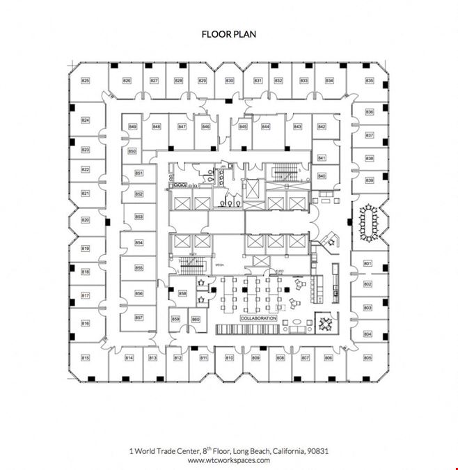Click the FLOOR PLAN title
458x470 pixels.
tap(228, 33)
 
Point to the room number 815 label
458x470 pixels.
tap(86, 358)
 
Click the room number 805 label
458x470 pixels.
tap(368, 358)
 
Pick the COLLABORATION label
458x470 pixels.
tap(258, 318)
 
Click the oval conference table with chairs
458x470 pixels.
tap(368, 222)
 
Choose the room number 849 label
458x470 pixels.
tap(133, 127)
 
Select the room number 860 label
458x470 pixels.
tap(196, 320)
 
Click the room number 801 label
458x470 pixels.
tap(368, 264)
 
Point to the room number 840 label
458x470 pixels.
tap(322, 176)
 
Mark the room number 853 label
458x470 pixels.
tap(139, 217)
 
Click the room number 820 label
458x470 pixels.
tap(86, 220)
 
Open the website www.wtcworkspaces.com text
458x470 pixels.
tap(228, 460)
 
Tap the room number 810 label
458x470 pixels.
tap(229, 358)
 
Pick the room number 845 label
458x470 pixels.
tap(243, 127)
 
